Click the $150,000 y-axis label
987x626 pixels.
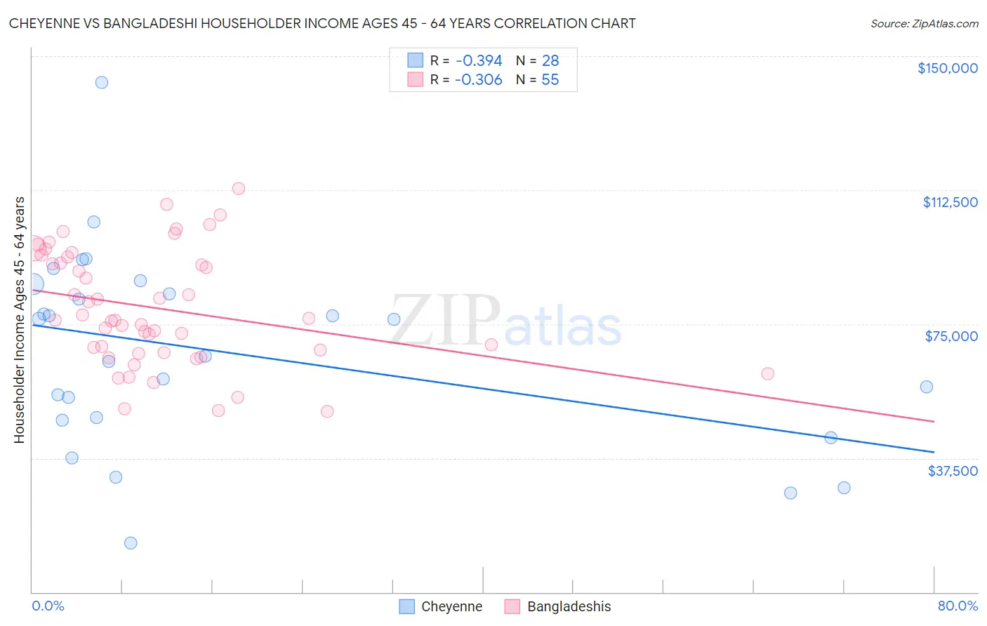[x=947, y=68]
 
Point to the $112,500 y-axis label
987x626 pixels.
[x=950, y=202]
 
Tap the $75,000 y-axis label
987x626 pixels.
[x=951, y=336]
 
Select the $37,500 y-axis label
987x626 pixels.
[x=953, y=471]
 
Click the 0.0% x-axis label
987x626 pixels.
[x=48, y=606]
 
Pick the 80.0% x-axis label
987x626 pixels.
[x=958, y=606]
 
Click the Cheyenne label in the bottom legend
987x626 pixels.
[x=451, y=606]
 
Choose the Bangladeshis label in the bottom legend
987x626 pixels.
[x=569, y=606]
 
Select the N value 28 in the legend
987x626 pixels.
[x=550, y=61]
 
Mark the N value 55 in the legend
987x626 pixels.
[x=550, y=80]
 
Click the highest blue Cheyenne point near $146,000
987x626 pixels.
[x=102, y=82]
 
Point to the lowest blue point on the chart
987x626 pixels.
[x=131, y=542]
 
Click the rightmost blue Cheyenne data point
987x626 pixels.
[x=927, y=387]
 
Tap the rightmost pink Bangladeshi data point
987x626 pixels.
[x=768, y=373]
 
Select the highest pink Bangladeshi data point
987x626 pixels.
[x=239, y=188]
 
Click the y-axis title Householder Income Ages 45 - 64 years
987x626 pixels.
[x=20, y=320]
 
